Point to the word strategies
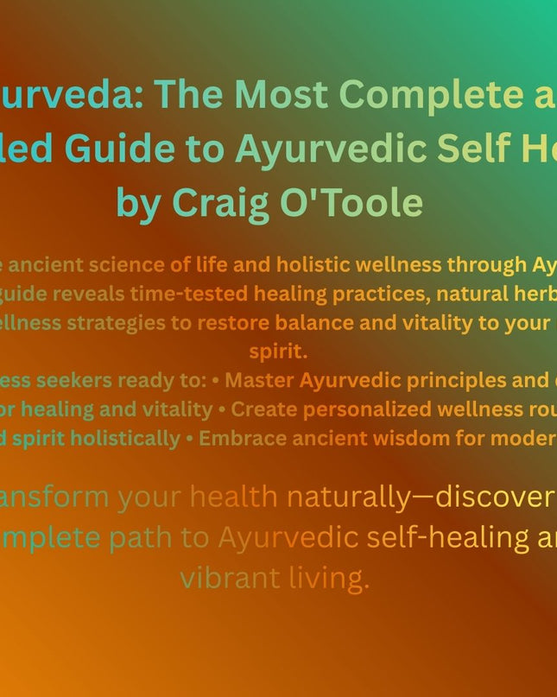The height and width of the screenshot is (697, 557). coord(148,323)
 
